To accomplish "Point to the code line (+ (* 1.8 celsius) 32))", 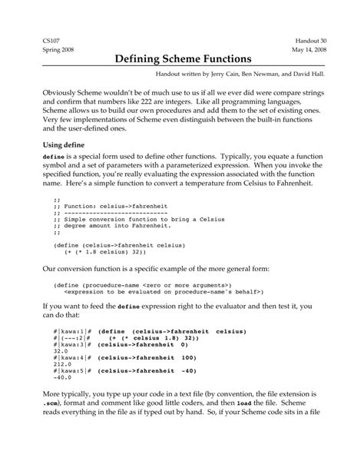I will coord(105,251).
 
